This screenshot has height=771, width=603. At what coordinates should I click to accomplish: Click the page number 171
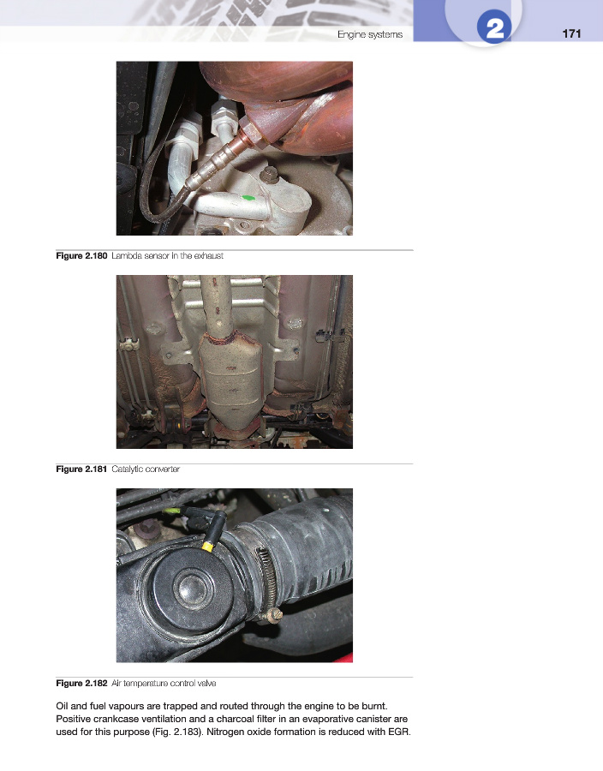pos(571,33)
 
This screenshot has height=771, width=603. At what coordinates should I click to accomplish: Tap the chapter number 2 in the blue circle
pos(494,28)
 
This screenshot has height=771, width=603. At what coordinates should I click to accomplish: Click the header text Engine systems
pos(370,34)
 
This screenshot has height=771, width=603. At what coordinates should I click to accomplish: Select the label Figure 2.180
pos(81,255)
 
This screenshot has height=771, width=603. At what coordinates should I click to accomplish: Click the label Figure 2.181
pos(81,469)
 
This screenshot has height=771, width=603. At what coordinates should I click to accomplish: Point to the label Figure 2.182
pos(81,683)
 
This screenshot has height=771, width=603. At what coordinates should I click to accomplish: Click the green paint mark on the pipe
pos(248,198)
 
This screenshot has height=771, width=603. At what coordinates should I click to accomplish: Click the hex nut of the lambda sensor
pos(252,134)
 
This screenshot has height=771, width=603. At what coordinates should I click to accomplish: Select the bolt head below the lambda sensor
pos(268,174)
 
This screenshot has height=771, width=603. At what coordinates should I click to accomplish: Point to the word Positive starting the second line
pos(73,719)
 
